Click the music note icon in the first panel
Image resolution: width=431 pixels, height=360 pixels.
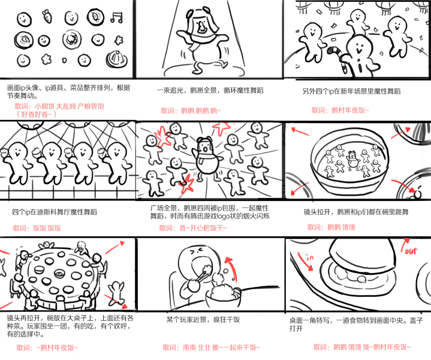click(x=116, y=17)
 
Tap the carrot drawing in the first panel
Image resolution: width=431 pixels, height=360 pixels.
click(x=47, y=16)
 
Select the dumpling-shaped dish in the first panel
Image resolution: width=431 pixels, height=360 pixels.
click(x=116, y=59)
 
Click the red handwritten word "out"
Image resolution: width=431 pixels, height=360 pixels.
click(x=411, y=251)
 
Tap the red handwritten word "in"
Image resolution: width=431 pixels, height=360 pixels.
click(x=310, y=257)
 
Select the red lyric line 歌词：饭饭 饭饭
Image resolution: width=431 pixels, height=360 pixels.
click(x=37, y=228)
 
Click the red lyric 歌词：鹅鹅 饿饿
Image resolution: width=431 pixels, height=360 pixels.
click(x=331, y=227)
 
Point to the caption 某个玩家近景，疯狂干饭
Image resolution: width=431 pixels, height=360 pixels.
click(x=203, y=320)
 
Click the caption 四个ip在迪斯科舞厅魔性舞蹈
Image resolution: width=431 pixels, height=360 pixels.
click(x=55, y=212)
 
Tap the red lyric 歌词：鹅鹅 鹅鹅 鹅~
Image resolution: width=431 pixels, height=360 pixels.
click(x=191, y=110)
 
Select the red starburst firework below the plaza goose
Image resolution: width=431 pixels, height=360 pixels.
click(x=186, y=184)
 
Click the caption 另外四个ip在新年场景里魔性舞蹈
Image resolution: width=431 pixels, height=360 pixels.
click(x=351, y=91)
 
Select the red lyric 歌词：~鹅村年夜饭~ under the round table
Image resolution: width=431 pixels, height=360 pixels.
click(x=47, y=347)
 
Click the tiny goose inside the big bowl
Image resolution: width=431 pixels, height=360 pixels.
click(x=352, y=160)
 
